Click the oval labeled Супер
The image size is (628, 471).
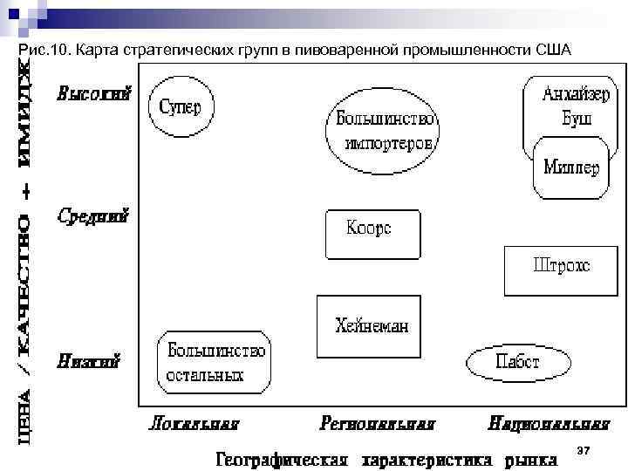180,106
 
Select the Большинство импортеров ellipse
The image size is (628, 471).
382,129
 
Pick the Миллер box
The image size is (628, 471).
571,167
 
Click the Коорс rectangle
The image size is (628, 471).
371,234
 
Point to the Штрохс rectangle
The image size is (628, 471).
561,270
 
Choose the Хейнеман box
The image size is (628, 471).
370,326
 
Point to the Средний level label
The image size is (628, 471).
94,215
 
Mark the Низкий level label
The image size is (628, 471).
90,359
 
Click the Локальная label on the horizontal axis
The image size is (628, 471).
194,425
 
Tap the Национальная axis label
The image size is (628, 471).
549,425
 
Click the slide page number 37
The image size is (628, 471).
584,449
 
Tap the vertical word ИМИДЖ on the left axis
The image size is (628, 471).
29,114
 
